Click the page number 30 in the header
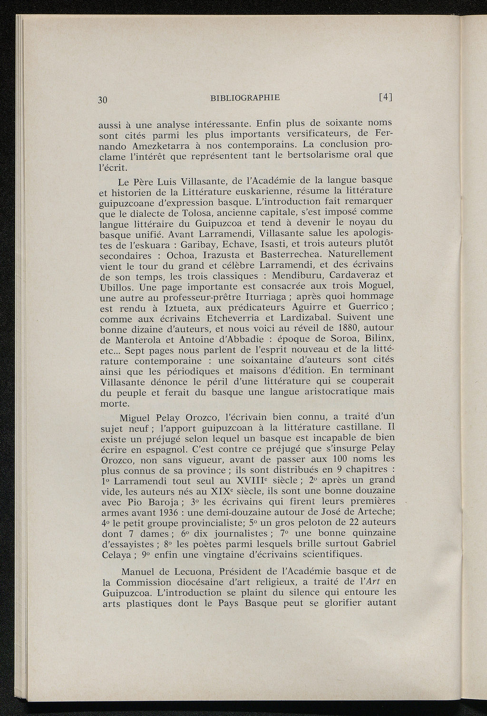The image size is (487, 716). pyautogui.click(x=103, y=100)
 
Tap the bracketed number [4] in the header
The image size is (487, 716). pyautogui.click(x=385, y=97)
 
